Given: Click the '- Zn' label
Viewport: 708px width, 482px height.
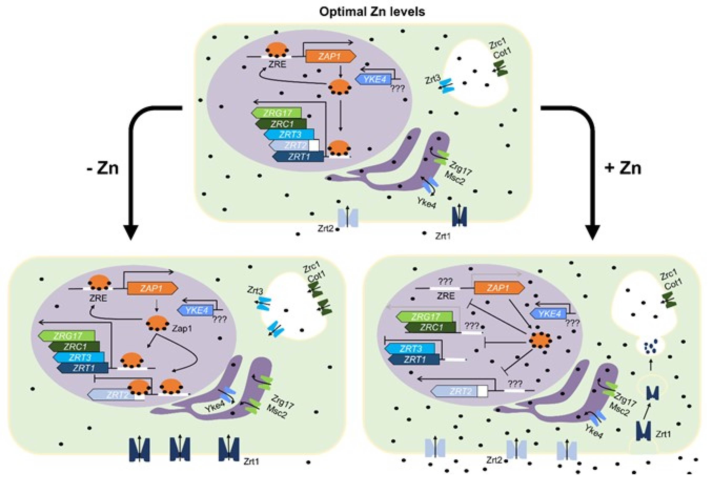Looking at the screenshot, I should [103, 168].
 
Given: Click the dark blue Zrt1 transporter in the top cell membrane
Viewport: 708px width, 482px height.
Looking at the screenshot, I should [459, 216].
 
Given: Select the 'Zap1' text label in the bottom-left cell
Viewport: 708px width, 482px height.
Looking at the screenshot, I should [182, 329].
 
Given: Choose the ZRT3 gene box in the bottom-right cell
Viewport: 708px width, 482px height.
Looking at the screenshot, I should [410, 349].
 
